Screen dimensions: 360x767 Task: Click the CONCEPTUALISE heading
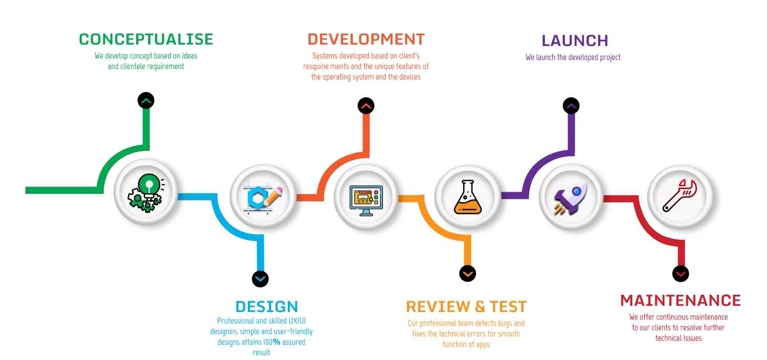coord(145,39)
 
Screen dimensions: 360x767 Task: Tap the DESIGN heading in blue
coord(266,307)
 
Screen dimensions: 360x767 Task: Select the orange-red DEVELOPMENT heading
coord(366,39)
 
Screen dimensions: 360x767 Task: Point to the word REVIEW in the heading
coord(437,307)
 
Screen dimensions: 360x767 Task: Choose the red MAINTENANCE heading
coord(680,300)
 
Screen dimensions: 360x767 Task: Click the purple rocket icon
coord(571,197)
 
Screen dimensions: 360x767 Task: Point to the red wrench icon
coord(680,196)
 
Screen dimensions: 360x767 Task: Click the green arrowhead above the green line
coord(146,101)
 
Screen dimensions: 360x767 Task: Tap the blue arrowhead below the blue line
coord(260,279)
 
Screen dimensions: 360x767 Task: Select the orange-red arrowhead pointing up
coord(366,106)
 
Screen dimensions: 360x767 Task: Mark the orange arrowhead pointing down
coord(468,275)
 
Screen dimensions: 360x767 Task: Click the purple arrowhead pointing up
coord(571,106)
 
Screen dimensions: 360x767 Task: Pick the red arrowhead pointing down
coord(680,275)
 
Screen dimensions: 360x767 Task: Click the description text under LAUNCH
coord(572,58)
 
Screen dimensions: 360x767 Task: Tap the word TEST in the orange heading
coord(507,307)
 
